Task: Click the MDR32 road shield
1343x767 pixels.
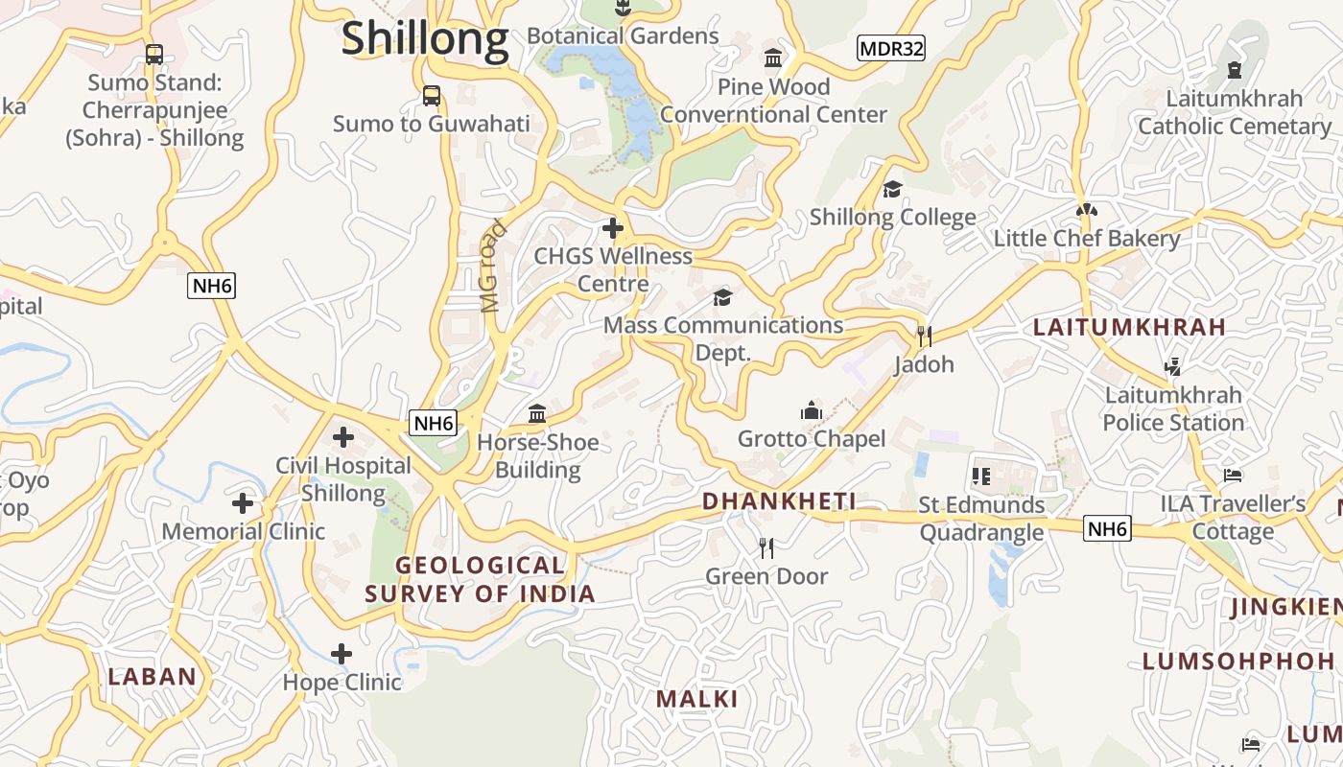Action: coord(891,48)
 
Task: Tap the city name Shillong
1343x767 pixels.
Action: coord(425,38)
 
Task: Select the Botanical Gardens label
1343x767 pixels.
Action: coord(623,36)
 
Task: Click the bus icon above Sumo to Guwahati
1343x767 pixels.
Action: coord(432,96)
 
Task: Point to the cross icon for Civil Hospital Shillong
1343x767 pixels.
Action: coord(343,437)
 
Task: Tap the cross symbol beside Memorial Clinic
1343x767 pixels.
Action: coord(243,502)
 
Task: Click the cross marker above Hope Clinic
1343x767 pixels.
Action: coord(342,654)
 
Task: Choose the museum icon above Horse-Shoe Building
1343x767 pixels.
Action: coord(537,413)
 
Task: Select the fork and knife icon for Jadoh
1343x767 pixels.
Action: coord(925,336)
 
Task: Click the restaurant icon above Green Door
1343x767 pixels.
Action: coord(766,547)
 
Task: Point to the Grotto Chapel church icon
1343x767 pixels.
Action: coord(812,410)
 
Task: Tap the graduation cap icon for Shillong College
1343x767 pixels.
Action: coord(893,189)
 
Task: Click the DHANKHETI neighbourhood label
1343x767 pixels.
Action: coord(779,501)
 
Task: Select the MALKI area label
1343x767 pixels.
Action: coord(697,699)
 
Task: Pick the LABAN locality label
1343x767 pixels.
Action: coord(153,676)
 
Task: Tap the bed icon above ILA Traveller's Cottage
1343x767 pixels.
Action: coord(1233,476)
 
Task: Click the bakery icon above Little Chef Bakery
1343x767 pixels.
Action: coord(1086,210)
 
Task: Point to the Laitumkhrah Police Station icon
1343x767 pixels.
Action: coord(1172,365)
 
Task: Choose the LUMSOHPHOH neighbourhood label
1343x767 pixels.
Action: coord(1238,661)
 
